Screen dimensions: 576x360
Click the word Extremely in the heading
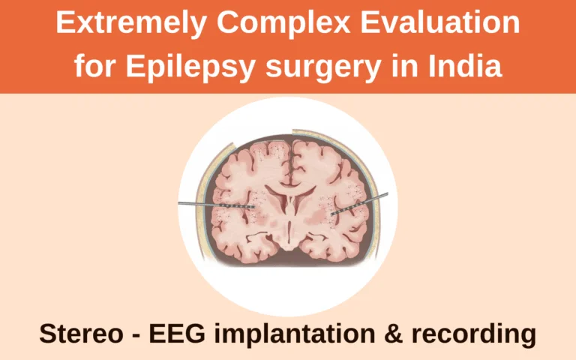click(x=131, y=23)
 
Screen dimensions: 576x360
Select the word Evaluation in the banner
click(x=439, y=22)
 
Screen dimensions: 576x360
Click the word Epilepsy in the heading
click(x=190, y=67)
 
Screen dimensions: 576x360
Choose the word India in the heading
click(x=464, y=65)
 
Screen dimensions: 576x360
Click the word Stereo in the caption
click(x=81, y=334)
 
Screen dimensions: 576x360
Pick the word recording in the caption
click(x=473, y=334)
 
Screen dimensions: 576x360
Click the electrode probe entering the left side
click(x=217, y=205)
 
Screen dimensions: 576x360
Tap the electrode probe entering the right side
click(x=359, y=203)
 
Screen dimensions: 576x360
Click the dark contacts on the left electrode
click(x=238, y=207)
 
